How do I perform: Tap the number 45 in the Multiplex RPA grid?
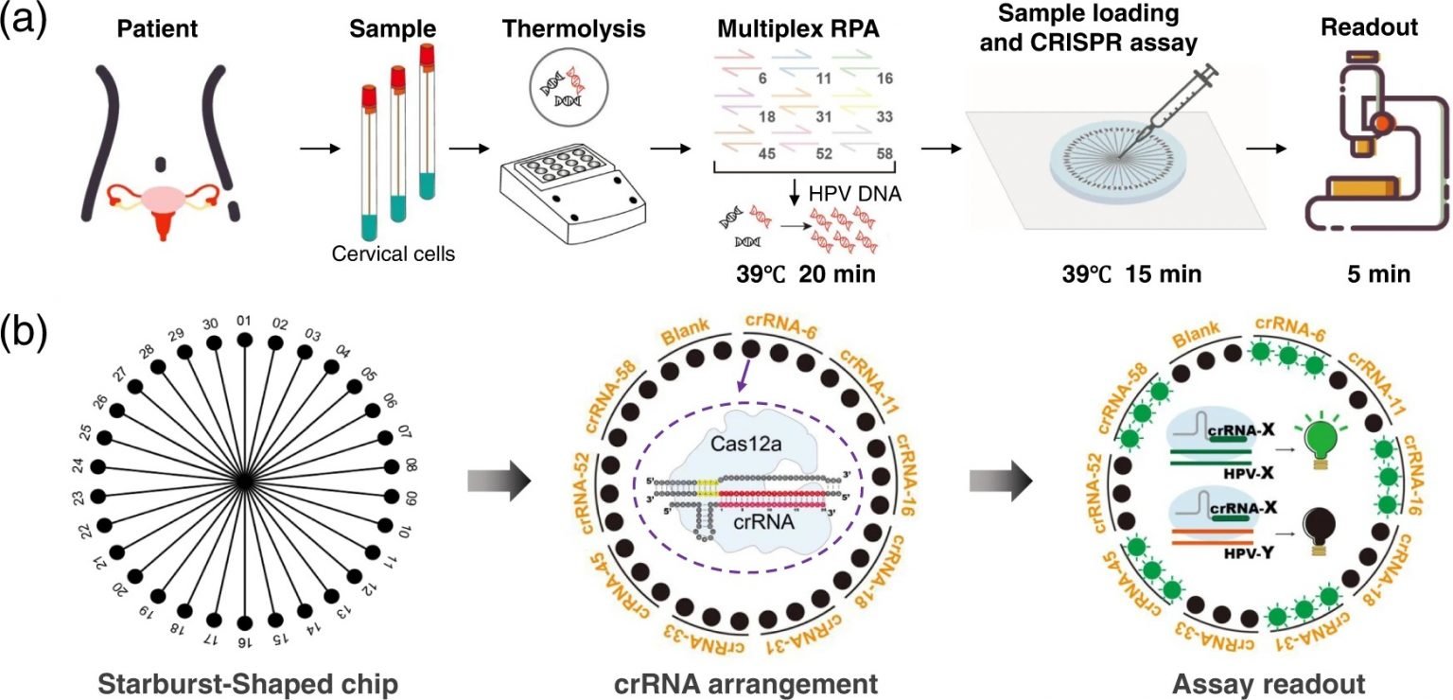(x=743, y=151)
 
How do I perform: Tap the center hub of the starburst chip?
(x=244, y=481)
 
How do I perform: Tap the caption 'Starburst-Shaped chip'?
(x=243, y=683)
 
